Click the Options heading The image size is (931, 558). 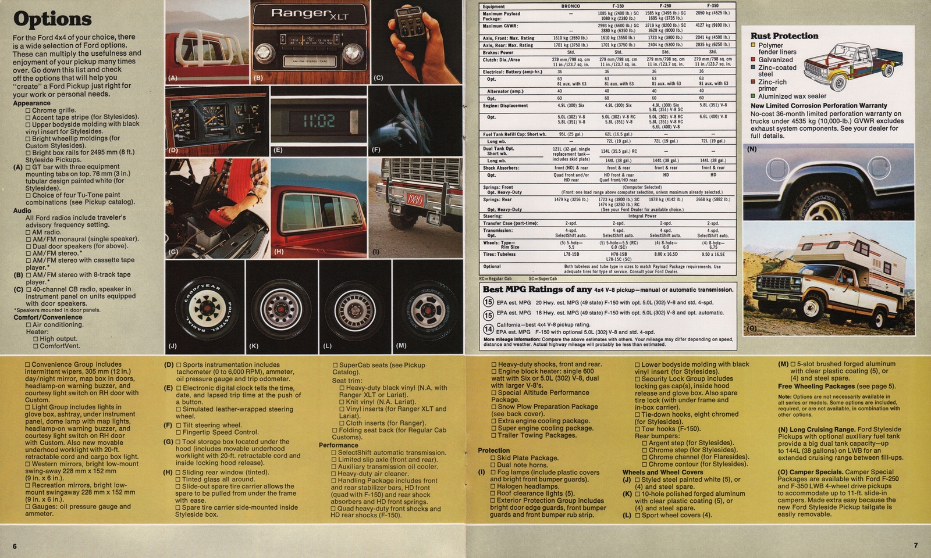(52, 19)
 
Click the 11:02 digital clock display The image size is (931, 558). (318, 121)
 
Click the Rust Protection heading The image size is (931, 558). (784, 36)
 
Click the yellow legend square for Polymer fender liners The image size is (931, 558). (753, 45)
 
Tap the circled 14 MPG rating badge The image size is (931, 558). (489, 330)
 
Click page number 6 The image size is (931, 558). (15, 546)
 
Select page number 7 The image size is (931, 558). (915, 545)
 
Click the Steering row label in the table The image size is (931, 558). (492, 216)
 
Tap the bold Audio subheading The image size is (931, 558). (22, 210)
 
